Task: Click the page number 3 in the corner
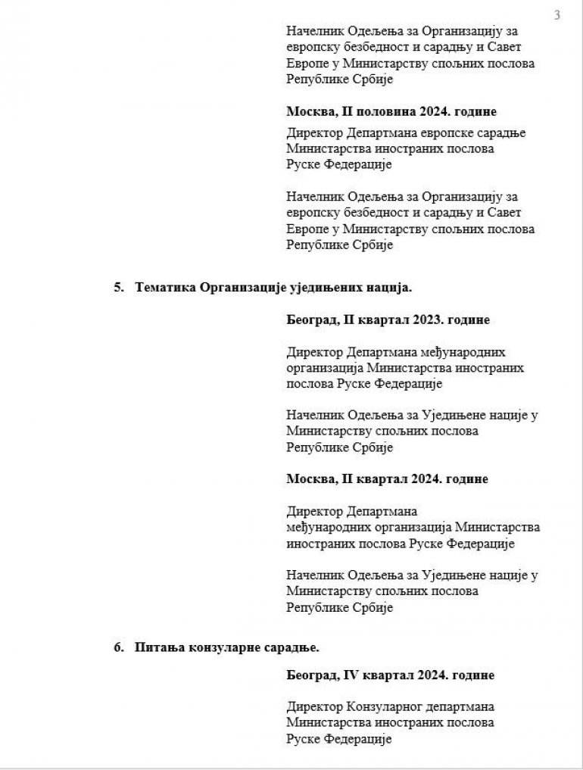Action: pos(557,15)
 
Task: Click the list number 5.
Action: pos(117,288)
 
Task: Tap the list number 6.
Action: pos(117,647)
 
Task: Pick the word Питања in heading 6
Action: pos(157,647)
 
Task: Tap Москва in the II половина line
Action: pos(308,111)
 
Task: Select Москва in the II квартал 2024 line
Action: pos(308,479)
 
